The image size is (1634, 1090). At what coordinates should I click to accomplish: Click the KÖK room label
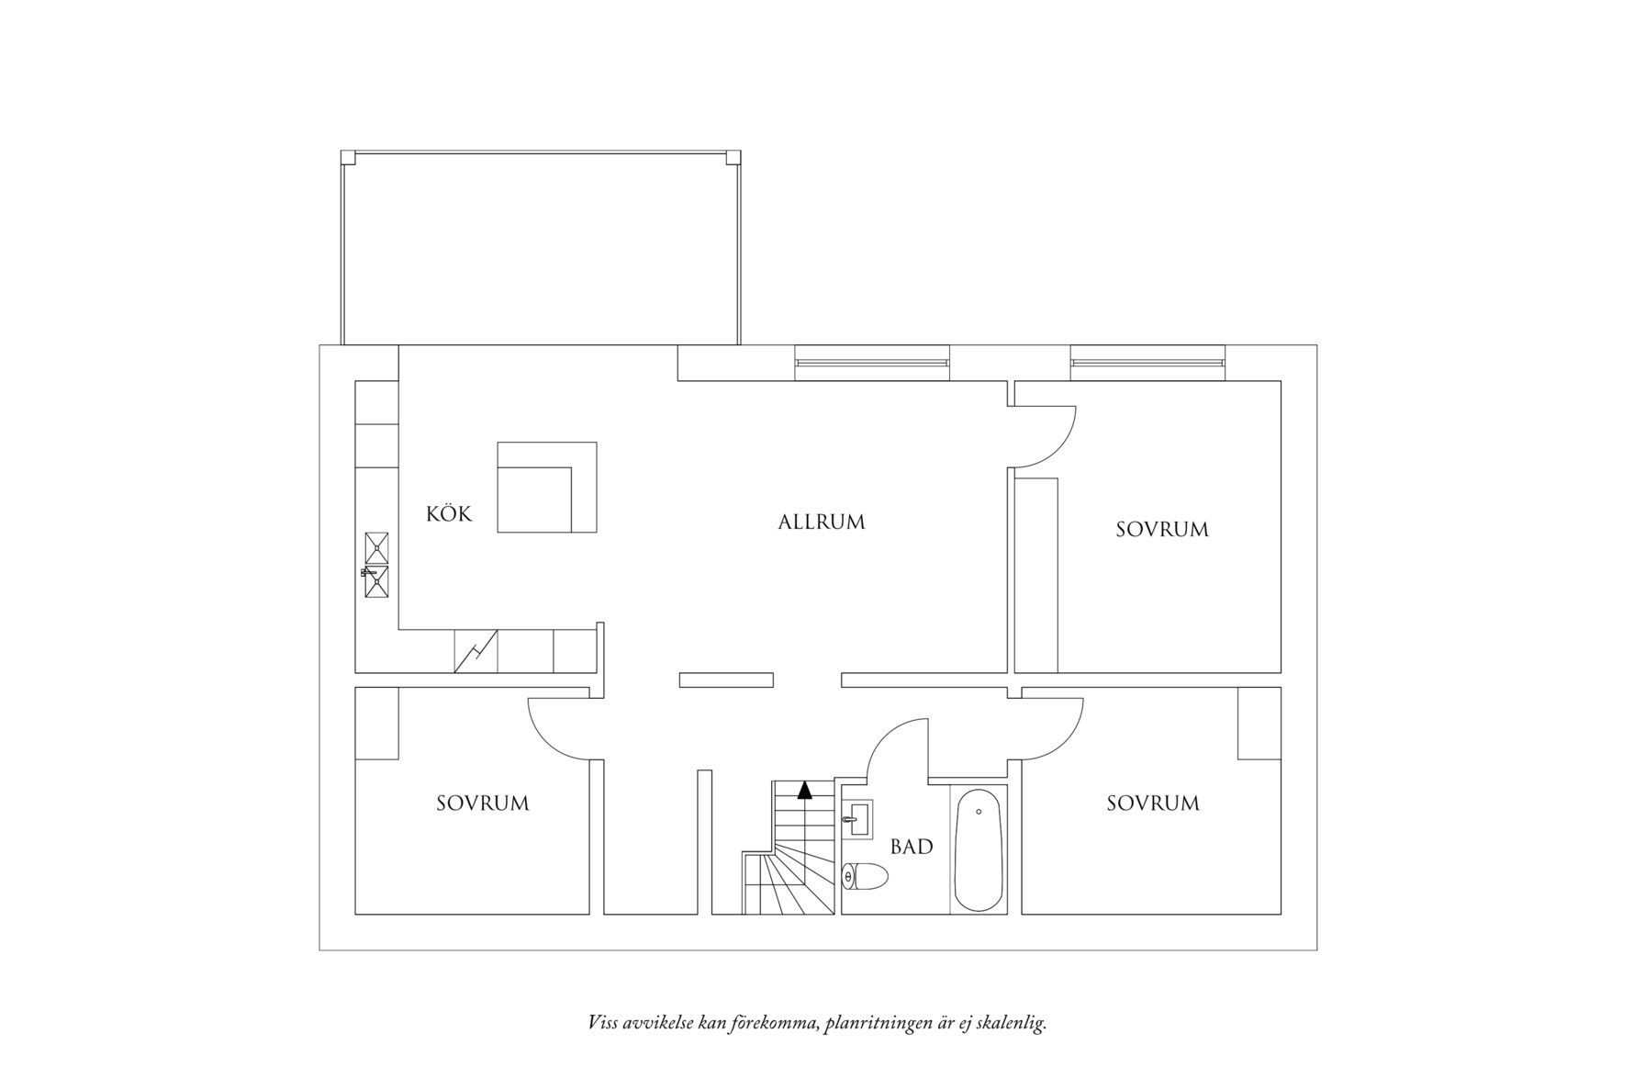pyautogui.click(x=449, y=513)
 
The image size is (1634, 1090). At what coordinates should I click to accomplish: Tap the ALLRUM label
pyautogui.click(x=822, y=523)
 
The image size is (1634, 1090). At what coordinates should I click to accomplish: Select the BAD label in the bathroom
pyautogui.click(x=912, y=847)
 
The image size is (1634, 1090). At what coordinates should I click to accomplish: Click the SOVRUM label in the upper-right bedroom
pyautogui.click(x=1162, y=530)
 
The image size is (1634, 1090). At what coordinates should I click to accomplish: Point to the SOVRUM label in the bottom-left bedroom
pyautogui.click(x=483, y=803)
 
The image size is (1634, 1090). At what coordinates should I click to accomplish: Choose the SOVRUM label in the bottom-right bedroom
pyautogui.click(x=1153, y=803)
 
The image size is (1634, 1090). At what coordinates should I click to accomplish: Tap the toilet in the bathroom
pyautogui.click(x=865, y=877)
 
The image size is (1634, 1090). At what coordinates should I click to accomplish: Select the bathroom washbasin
pyautogui.click(x=860, y=817)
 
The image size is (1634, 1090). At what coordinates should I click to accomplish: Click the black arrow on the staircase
pyautogui.click(x=805, y=790)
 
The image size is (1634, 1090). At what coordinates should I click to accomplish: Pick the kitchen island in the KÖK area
pyautogui.click(x=547, y=487)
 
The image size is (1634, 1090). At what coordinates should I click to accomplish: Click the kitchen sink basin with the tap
pyautogui.click(x=376, y=580)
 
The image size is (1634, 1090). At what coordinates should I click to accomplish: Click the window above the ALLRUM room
pyautogui.click(x=871, y=362)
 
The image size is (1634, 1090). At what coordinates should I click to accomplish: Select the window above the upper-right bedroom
pyautogui.click(x=1147, y=362)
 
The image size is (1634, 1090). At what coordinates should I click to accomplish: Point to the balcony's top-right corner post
pyautogui.click(x=733, y=157)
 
